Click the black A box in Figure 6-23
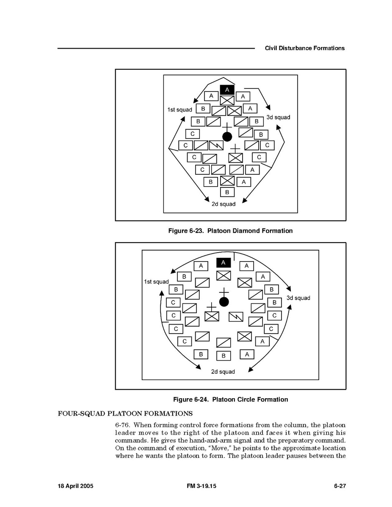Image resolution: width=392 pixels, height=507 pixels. [x=227, y=90]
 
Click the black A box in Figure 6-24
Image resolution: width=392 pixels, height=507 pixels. [x=224, y=263]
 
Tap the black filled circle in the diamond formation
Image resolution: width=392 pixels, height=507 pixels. [x=227, y=136]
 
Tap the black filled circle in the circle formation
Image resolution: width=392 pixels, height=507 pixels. [x=224, y=302]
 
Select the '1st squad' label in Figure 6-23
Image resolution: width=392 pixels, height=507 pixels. [x=179, y=110]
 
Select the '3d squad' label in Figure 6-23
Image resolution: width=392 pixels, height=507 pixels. [x=278, y=117]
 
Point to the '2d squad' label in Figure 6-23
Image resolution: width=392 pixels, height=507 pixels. [x=224, y=204]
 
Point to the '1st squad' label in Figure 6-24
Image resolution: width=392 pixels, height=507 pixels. [x=156, y=282]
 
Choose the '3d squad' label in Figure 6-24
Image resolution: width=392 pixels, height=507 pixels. [x=298, y=298]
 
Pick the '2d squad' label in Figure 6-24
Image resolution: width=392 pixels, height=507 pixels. [x=223, y=372]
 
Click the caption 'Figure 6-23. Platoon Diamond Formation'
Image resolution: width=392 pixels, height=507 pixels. [x=230, y=231]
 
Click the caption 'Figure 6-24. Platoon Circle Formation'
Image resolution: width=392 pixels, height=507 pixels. [x=230, y=400]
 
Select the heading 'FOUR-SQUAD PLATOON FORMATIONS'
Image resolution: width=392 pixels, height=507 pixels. [x=125, y=413]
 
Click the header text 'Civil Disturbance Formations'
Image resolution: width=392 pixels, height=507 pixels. [x=304, y=48]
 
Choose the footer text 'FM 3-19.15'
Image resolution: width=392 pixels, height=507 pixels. [x=201, y=486]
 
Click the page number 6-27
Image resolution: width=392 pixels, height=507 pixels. [x=340, y=486]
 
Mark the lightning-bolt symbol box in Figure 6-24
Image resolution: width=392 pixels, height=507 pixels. [x=236, y=317]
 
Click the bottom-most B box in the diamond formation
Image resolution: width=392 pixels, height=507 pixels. [x=227, y=192]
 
